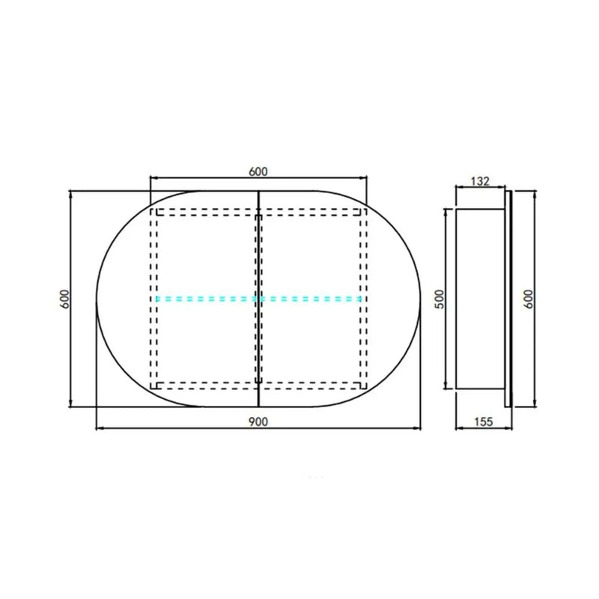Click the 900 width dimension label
258,422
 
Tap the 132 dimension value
480,181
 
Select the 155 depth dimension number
484,422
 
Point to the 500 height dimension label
440,299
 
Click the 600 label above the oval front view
258,172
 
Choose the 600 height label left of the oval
65,299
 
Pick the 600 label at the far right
528,299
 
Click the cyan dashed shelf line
258,299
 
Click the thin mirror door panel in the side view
508,299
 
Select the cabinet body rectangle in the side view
480,299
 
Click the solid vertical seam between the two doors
259,299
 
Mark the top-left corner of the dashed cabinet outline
150,209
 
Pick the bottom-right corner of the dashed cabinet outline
367,389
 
